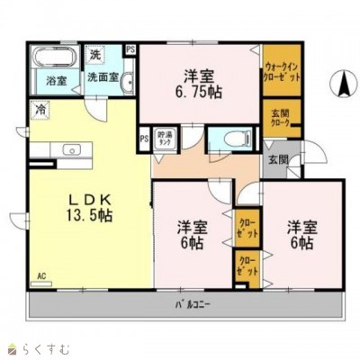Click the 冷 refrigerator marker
tap(40, 109)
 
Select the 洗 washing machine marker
tap(96, 55)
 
